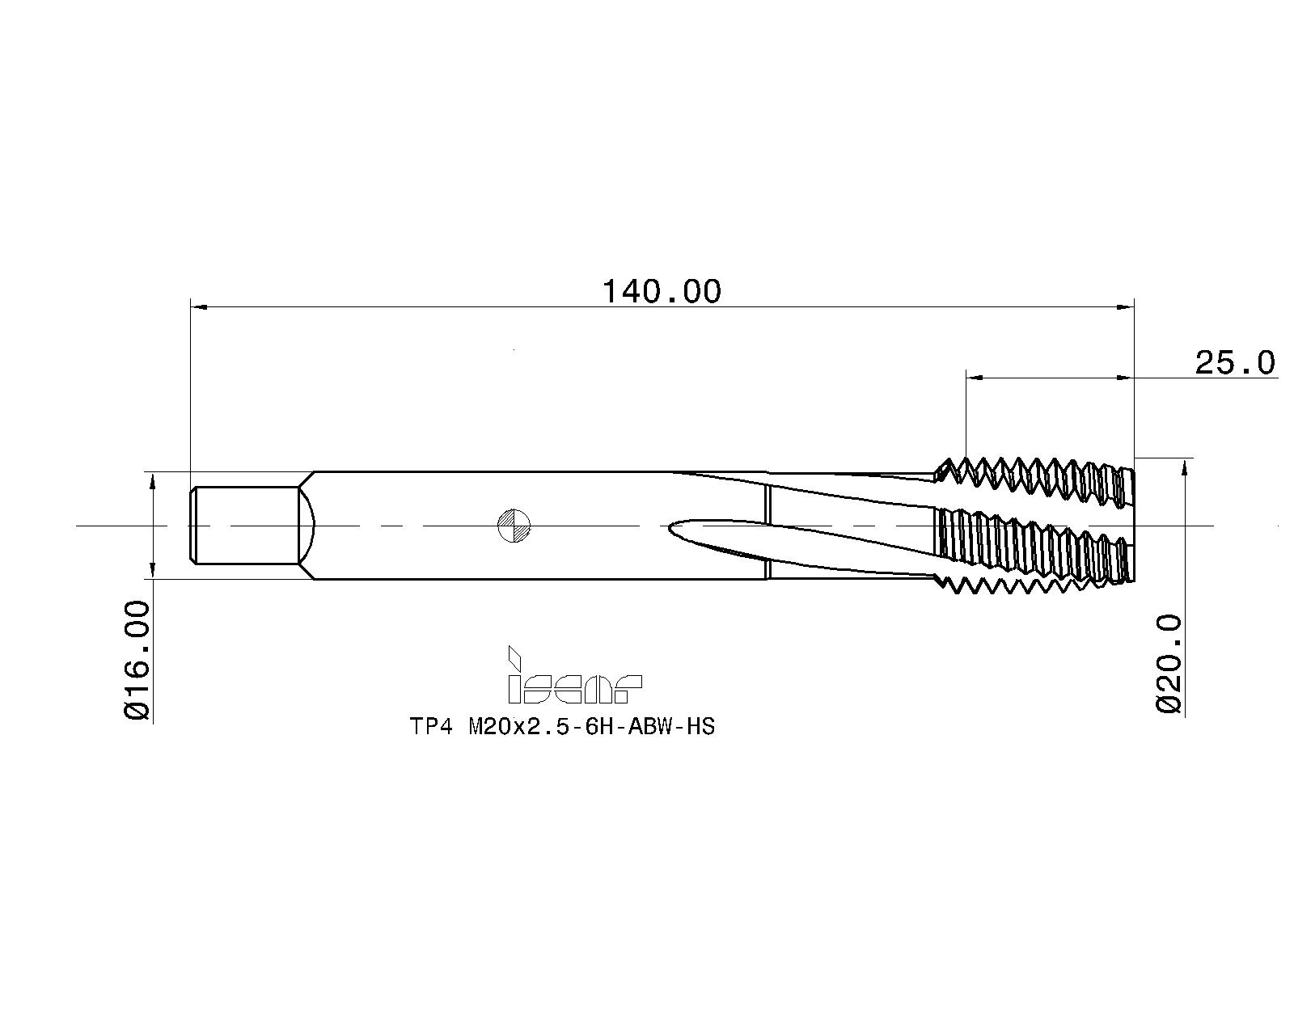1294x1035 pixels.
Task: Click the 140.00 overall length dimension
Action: (x=661, y=291)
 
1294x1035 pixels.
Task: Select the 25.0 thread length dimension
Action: (x=1234, y=363)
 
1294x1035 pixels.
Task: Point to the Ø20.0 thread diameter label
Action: (x=1169, y=663)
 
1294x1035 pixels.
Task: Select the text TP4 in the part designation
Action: (x=429, y=727)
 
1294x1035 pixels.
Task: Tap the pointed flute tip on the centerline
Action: (x=674, y=526)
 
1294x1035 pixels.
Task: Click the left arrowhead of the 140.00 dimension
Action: (x=198, y=307)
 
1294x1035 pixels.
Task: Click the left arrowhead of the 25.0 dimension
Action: (x=975, y=377)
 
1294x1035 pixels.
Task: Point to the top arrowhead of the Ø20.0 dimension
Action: (x=1185, y=465)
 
